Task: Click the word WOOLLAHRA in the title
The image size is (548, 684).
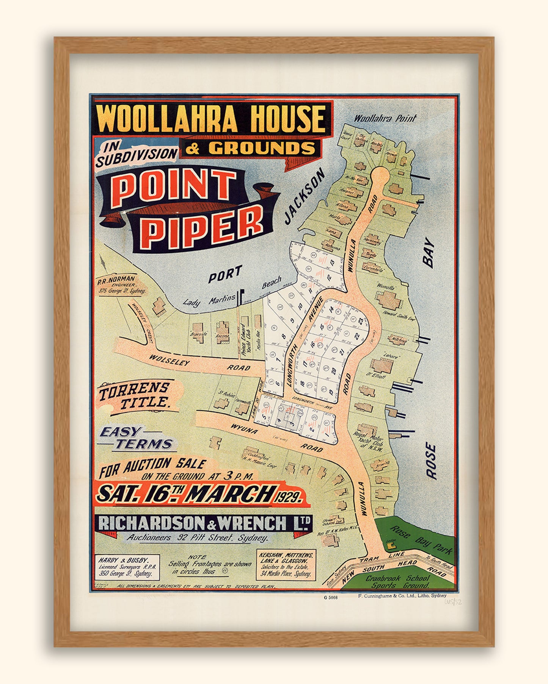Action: [167, 119]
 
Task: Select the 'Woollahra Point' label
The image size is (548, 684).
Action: [385, 118]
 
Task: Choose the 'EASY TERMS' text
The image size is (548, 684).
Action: [137, 438]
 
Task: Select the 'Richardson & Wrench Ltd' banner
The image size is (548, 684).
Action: [205, 524]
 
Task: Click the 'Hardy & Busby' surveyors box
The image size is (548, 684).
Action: [126, 567]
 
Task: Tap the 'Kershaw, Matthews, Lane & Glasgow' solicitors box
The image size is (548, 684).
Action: [286, 565]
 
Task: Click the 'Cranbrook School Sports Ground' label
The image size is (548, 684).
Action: [397, 581]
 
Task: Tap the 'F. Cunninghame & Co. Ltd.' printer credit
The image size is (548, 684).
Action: [402, 596]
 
